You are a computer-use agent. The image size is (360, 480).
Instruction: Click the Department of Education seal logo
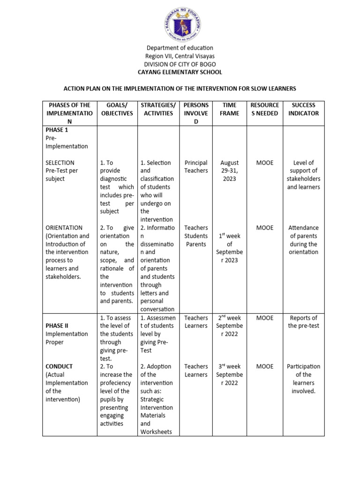(x=180, y=22)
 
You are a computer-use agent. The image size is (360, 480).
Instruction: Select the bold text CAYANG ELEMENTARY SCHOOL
(x=180, y=72)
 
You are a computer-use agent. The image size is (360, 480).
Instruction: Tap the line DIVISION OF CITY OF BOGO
(x=180, y=64)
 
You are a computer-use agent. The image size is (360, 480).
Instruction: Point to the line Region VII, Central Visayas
(x=180, y=56)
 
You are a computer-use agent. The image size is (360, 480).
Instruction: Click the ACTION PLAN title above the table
(x=180, y=89)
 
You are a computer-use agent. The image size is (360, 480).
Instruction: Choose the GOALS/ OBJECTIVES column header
(x=116, y=109)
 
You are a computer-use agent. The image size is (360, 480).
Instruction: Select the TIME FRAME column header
(x=229, y=109)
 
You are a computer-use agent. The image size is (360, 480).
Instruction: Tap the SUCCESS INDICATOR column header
(x=303, y=109)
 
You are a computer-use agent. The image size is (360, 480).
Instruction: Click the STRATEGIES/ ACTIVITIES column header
(x=158, y=109)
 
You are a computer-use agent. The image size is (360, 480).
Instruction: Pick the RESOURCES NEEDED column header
(x=265, y=109)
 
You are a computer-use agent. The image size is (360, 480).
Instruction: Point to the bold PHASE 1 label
(x=57, y=130)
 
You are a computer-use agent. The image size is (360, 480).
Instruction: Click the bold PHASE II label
(x=58, y=326)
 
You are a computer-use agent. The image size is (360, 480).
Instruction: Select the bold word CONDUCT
(x=59, y=367)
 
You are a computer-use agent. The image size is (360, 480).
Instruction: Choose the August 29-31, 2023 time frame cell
(x=229, y=171)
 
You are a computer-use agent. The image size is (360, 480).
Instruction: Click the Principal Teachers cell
(x=196, y=167)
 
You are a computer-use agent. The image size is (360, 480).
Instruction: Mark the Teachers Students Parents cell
(x=196, y=236)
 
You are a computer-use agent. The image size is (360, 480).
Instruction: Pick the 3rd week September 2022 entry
(x=229, y=375)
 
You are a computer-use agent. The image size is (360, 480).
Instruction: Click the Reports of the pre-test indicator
(x=303, y=322)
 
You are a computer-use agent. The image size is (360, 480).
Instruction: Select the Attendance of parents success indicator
(x=303, y=240)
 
